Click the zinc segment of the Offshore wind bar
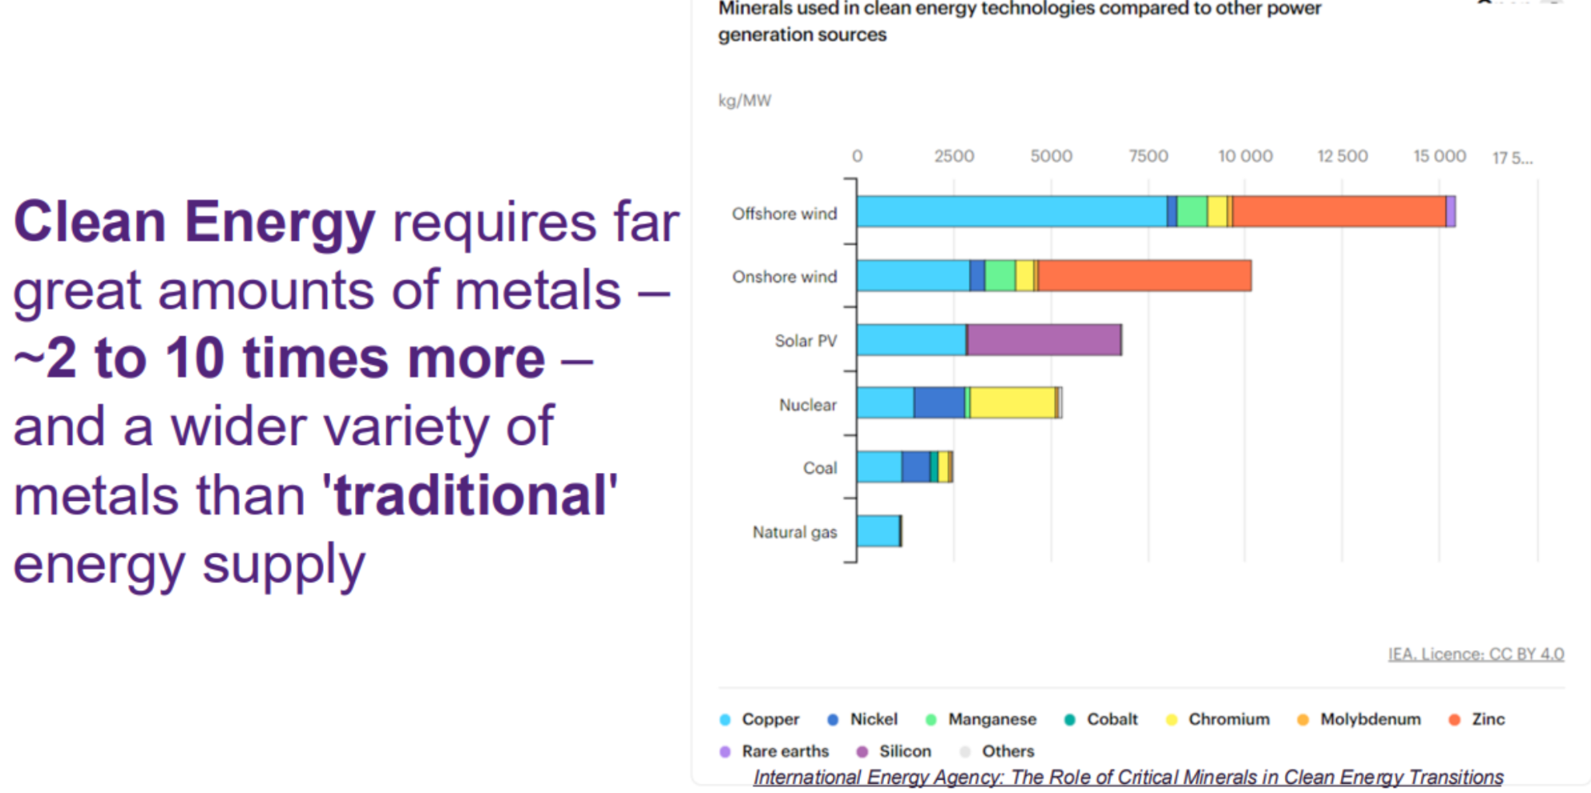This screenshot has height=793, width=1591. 1339,212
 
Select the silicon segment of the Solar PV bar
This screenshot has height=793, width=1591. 1043,340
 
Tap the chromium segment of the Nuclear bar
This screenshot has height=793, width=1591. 1012,403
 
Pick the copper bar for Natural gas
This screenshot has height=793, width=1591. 878,531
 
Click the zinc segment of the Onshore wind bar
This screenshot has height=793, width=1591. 1144,276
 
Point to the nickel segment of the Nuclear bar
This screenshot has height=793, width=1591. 939,403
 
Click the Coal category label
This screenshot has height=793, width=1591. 820,468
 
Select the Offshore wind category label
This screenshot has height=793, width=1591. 784,214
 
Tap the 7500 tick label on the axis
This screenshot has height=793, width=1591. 1148,156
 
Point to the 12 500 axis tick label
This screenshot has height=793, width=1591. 1342,156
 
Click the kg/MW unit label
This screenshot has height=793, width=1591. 744,101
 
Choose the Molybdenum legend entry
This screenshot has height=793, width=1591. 1370,719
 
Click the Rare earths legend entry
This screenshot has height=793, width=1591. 785,751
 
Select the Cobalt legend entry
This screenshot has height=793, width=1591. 1111,719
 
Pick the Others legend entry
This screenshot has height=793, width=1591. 1008,751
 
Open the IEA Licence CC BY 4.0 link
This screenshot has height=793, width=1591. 1476,654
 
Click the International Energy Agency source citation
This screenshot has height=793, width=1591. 1128,777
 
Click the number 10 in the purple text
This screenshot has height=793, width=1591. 194,359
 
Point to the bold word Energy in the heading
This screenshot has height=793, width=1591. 280,223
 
